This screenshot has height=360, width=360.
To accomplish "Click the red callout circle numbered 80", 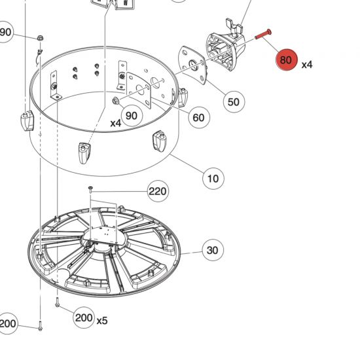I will (x=286, y=60).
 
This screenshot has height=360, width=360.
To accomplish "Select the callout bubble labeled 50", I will (x=233, y=101).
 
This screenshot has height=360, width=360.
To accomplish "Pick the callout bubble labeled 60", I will (x=198, y=118).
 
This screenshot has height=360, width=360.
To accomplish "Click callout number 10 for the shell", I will (x=213, y=177).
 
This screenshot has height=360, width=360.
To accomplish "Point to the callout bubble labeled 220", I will (x=158, y=191).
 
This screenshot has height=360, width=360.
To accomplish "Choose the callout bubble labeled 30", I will (x=212, y=250).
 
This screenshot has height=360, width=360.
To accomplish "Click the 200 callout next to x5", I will (x=83, y=318).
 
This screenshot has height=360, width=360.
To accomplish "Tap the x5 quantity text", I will (x=102, y=321).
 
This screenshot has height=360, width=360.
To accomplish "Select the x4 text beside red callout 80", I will (x=307, y=65).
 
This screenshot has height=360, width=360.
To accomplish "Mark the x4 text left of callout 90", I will (x=115, y=123).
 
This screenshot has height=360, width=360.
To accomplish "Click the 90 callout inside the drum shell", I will (x=132, y=116).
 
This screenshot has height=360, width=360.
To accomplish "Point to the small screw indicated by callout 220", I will (x=92, y=189).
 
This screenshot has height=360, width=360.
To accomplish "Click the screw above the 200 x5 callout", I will (x=58, y=303).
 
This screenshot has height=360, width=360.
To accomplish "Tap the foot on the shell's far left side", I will (x=26, y=121).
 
